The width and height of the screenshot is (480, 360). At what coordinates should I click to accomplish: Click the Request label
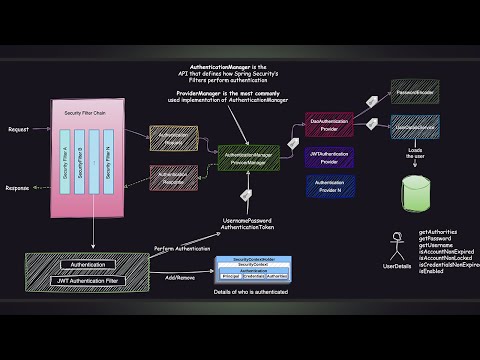click(17, 129)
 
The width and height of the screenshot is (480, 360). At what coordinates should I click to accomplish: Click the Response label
click(18, 187)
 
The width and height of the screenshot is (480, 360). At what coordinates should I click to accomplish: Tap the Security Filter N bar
click(108, 163)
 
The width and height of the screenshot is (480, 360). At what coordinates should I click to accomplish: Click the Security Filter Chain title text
click(86, 113)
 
